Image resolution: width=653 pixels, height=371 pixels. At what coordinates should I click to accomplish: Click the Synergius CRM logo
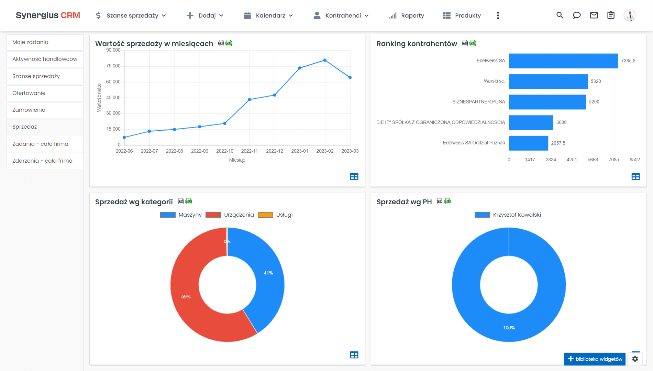48,15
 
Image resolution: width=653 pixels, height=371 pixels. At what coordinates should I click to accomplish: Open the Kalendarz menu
268,15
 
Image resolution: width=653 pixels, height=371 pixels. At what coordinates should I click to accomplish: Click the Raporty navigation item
407,15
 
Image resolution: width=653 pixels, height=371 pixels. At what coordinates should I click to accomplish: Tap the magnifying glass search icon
560,15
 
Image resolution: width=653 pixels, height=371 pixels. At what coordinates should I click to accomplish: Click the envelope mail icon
594,15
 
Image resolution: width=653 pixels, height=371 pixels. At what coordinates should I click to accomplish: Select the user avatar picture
629,15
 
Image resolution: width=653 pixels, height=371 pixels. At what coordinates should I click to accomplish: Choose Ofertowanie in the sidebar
29,93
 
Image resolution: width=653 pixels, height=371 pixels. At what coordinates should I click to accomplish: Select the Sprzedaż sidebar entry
25,127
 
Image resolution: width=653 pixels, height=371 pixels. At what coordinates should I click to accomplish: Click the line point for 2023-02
325,60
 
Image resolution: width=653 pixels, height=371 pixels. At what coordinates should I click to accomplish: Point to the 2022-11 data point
250,99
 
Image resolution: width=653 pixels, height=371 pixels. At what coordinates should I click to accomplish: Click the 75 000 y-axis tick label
113,66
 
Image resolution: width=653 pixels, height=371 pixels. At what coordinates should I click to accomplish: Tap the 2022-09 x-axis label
199,151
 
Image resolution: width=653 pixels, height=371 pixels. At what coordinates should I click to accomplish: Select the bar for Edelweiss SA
563,61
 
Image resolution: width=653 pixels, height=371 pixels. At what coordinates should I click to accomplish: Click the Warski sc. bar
548,81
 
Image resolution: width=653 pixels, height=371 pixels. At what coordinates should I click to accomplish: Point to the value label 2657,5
558,143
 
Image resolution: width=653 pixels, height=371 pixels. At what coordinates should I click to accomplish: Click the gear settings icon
635,359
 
